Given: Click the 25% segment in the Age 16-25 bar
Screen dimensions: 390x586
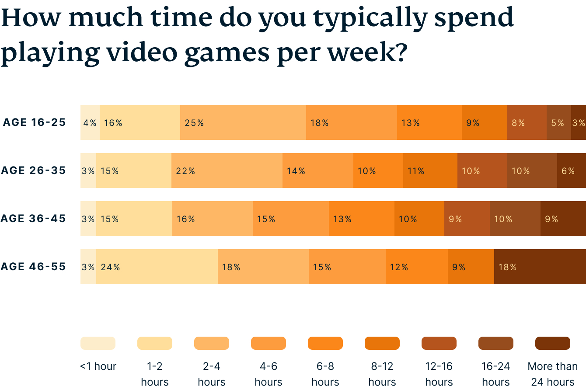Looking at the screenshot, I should tap(243, 122).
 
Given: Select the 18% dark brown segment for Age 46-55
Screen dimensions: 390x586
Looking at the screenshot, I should tap(540, 267).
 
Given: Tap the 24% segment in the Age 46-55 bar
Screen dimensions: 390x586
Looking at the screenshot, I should tap(157, 267).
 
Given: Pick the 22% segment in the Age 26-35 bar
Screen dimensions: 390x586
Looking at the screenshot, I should tap(227, 171).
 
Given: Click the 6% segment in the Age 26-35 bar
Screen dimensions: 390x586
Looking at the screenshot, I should tap(571, 171).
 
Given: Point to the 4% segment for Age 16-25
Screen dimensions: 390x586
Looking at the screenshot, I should tap(90, 122).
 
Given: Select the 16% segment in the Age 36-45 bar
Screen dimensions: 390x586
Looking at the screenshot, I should tap(212, 219).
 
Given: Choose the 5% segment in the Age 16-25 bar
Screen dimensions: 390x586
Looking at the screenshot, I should tap(558, 122).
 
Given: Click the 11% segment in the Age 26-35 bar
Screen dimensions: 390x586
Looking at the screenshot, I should tap(430, 171).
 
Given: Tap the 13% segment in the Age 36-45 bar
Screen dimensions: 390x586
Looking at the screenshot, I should tap(361, 219).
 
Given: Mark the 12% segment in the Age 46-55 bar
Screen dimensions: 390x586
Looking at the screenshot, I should tap(416, 267).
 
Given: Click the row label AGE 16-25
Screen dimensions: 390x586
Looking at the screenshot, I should tap(34, 122).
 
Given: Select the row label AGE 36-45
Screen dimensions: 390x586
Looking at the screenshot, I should tap(33, 219).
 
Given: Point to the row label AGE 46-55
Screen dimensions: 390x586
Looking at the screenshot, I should tap(33, 267).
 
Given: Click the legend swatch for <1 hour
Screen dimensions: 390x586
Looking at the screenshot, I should tap(98, 343).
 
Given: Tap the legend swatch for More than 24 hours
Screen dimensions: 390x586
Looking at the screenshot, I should tap(553, 343).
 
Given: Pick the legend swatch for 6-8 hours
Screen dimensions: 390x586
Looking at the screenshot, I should tap(325, 343).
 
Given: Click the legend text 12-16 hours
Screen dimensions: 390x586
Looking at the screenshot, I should tap(439, 374).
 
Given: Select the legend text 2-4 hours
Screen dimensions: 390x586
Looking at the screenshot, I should tap(212, 374).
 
